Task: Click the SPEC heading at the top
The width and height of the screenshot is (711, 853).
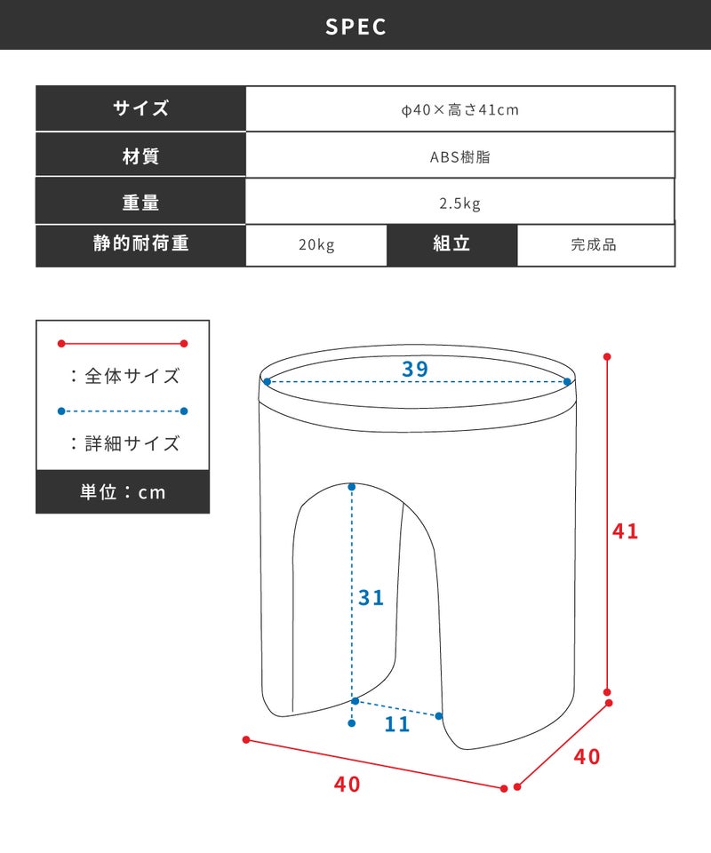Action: click(x=355, y=27)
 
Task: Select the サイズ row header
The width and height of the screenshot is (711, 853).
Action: click(x=141, y=108)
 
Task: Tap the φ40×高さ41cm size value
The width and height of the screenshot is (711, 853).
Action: click(x=460, y=110)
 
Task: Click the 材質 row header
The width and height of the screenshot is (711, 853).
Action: click(x=141, y=156)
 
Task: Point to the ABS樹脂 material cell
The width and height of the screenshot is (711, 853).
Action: click(x=460, y=156)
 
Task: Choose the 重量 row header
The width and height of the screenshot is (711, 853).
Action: click(x=141, y=203)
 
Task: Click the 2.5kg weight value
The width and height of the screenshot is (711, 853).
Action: click(x=460, y=203)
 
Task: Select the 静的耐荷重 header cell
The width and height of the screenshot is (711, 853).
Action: click(x=141, y=243)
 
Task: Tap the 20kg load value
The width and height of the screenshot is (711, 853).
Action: click(x=316, y=245)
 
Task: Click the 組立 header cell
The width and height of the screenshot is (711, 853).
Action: click(x=451, y=243)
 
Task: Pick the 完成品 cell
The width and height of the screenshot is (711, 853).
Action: click(x=594, y=245)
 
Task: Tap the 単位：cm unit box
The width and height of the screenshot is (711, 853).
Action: click(x=123, y=491)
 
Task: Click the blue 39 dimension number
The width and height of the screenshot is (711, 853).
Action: click(x=415, y=369)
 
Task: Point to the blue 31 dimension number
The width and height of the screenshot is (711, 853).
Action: click(x=371, y=598)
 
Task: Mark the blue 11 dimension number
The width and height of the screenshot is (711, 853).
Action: click(x=397, y=724)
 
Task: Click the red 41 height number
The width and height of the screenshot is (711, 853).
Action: click(x=625, y=531)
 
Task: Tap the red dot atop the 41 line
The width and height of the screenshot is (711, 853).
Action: click(x=607, y=357)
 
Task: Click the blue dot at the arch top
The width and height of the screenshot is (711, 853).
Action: click(x=352, y=486)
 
